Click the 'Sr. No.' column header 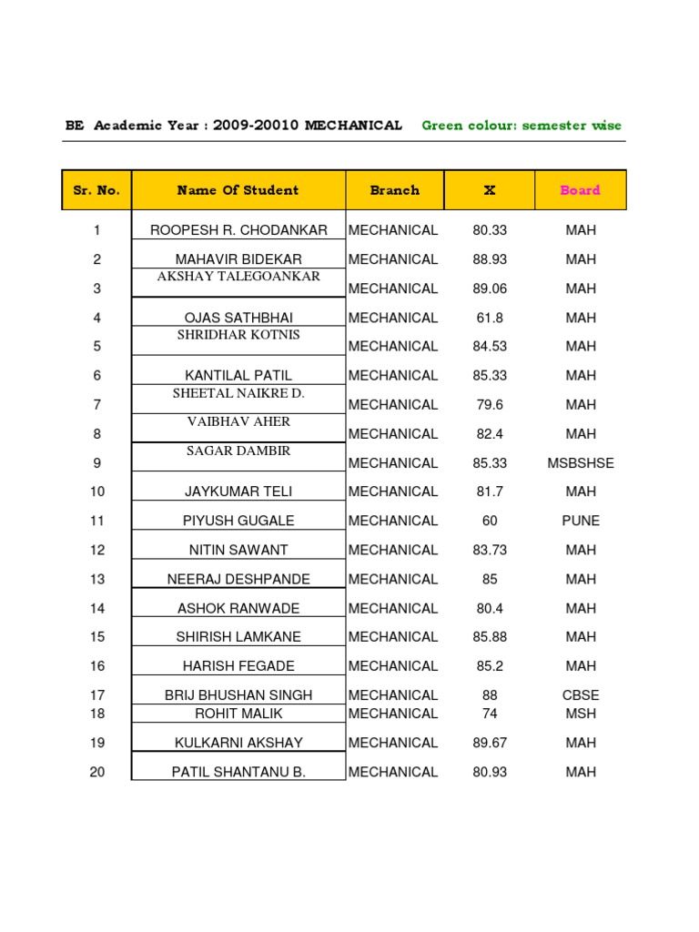[x=96, y=190]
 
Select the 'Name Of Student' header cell [x=238, y=190]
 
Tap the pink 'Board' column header [x=580, y=190]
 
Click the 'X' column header [x=490, y=190]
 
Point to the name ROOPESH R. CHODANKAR [x=238, y=230]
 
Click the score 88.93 [x=490, y=259]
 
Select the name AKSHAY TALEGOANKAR [x=238, y=276]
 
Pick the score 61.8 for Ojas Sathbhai [x=490, y=318]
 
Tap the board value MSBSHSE [x=581, y=462]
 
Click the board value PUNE [x=581, y=521]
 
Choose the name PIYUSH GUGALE [x=238, y=521]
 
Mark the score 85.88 [x=490, y=637]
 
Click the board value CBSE [x=581, y=695]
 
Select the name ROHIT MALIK [x=238, y=714]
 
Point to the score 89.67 [x=490, y=743]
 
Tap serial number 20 [x=97, y=772]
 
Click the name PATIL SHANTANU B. [x=238, y=772]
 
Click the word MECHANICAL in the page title [x=353, y=126]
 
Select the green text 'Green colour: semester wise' [x=522, y=126]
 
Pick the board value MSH [x=581, y=714]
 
